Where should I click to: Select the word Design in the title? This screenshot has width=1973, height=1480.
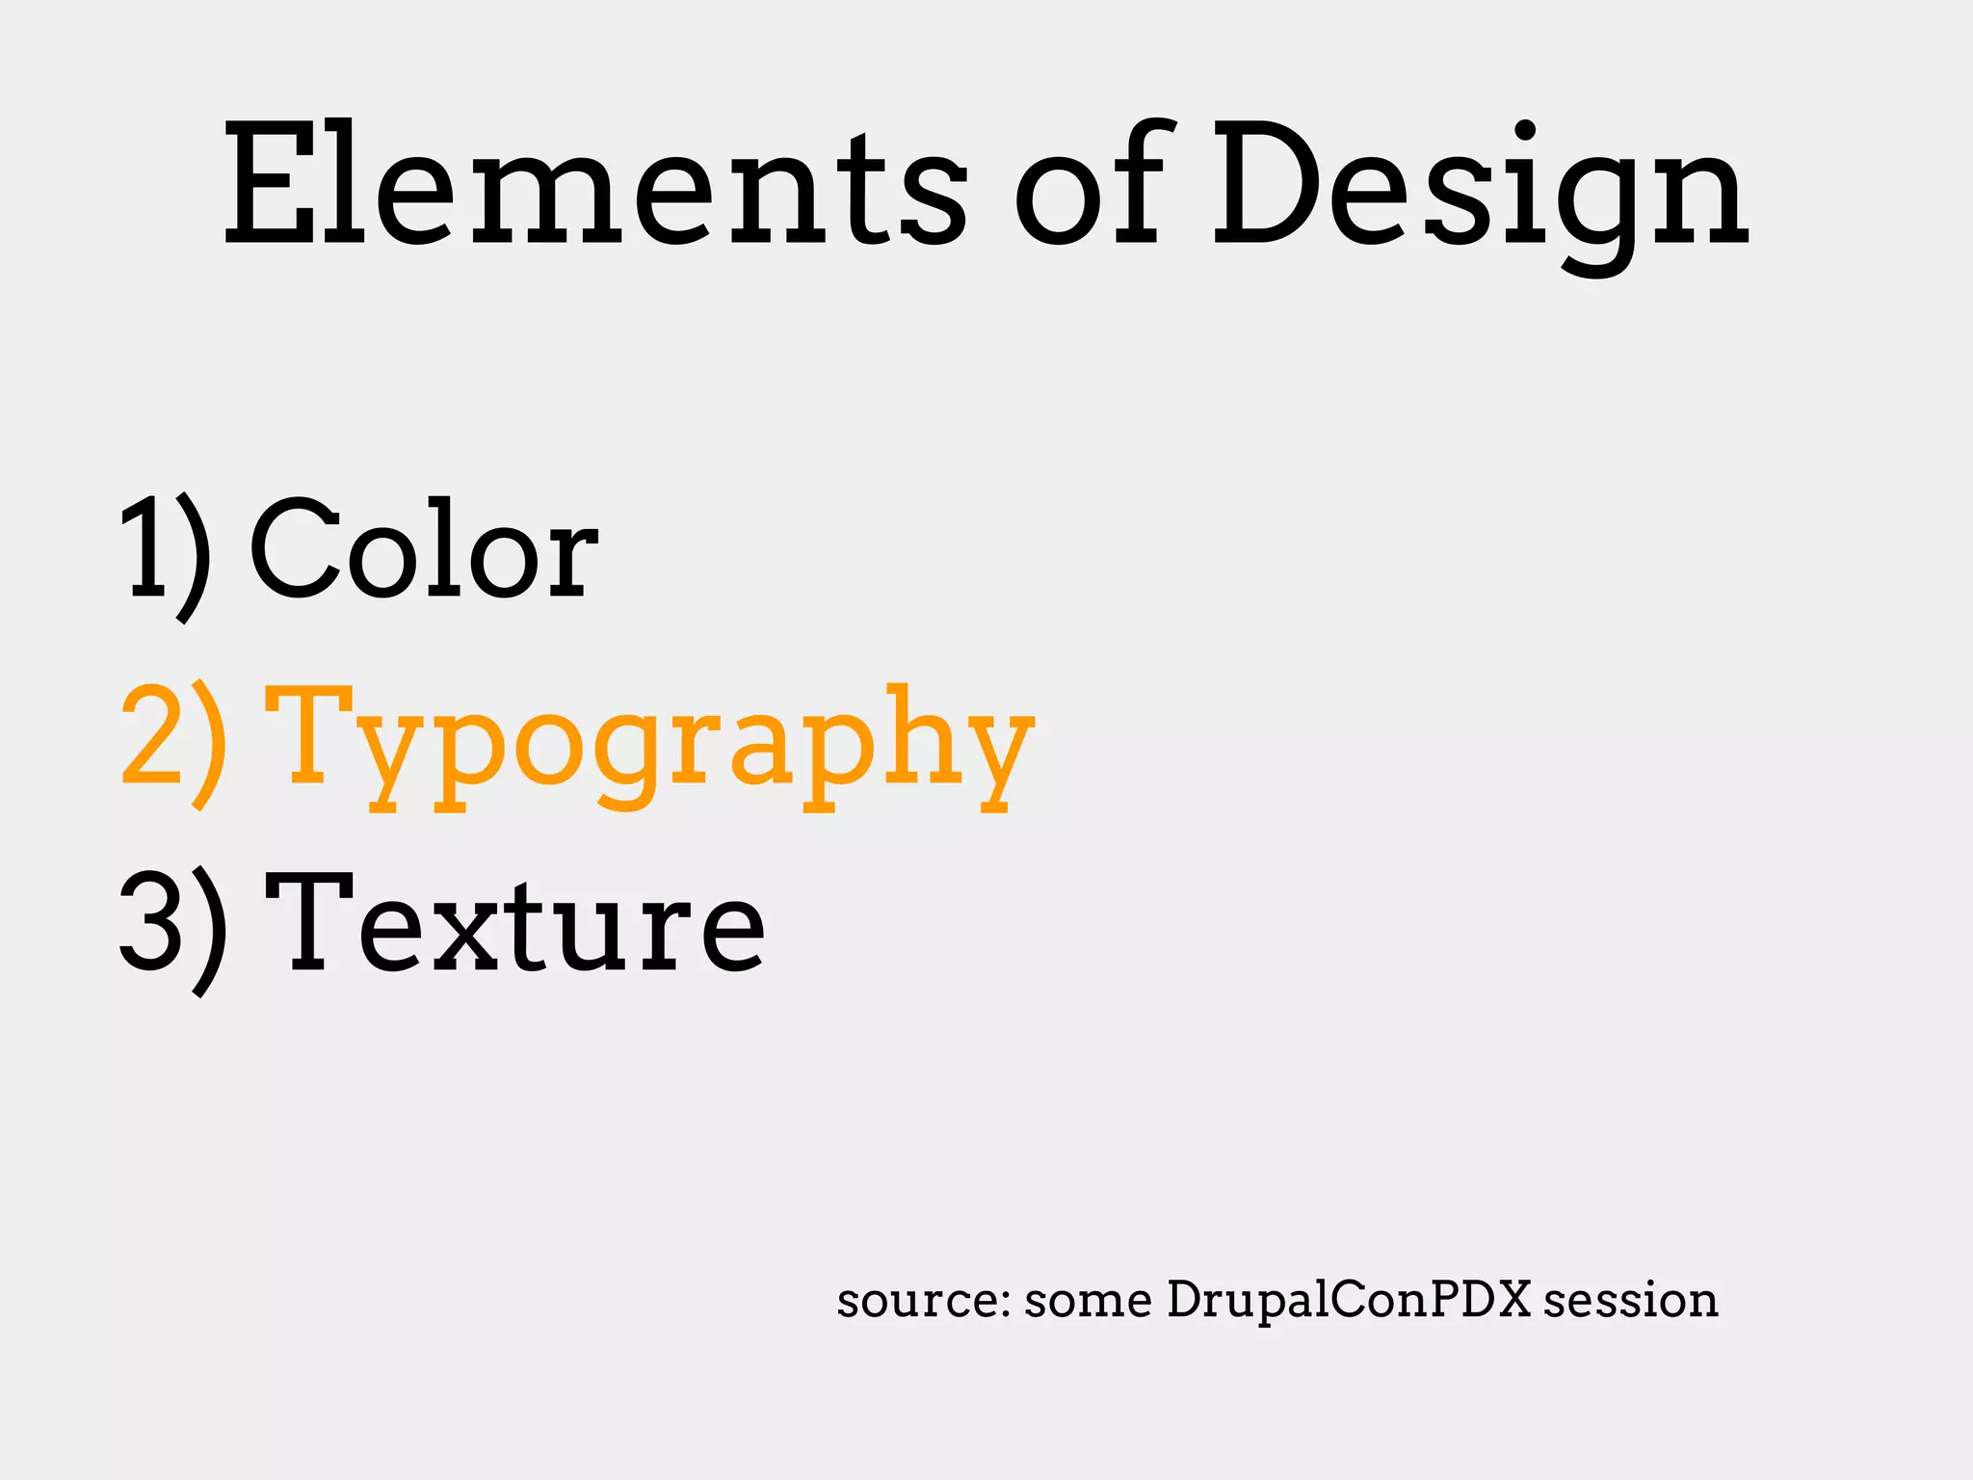point(1480,193)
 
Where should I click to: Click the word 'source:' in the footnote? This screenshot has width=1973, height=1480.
point(923,1301)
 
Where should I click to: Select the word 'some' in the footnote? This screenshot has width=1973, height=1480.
point(1088,1301)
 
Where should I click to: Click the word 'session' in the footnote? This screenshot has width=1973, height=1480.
point(1630,1301)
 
